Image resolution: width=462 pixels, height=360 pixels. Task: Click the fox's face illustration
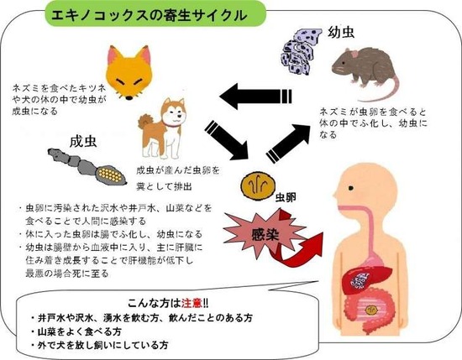click(129, 72)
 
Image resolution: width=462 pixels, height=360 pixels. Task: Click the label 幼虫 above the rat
click(341, 32)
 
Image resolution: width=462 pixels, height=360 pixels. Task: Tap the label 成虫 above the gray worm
click(83, 142)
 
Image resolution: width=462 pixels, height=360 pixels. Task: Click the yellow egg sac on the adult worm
click(110, 175)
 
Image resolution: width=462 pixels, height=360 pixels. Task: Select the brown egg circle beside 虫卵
click(258, 186)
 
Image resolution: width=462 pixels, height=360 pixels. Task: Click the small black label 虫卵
click(286, 197)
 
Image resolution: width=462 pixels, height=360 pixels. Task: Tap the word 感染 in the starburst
click(265, 236)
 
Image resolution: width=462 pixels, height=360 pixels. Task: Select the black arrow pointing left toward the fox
click(255, 97)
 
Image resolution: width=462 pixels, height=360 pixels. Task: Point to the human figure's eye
click(350, 188)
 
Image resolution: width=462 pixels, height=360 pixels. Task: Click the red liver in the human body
click(365, 279)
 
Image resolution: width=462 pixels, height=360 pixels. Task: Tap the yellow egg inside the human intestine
click(371, 310)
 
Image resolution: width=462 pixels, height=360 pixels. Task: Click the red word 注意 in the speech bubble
click(192, 303)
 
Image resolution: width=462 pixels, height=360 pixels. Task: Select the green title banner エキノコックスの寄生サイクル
click(155, 13)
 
